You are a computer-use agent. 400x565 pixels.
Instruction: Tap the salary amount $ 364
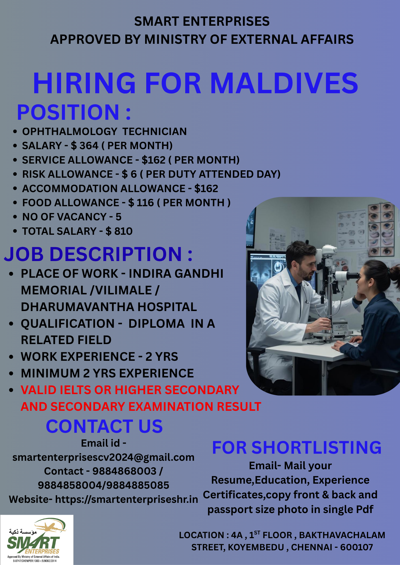85,146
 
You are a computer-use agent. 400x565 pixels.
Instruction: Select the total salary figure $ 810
119,231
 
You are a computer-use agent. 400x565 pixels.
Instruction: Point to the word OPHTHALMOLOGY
70,132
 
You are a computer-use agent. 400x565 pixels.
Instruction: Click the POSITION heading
74,112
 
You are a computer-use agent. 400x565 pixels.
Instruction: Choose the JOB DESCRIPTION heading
98,254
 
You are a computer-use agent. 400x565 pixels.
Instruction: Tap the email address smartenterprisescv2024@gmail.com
104,457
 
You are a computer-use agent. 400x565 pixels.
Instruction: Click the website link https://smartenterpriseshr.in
126,499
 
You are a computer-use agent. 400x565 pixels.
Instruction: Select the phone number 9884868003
124,471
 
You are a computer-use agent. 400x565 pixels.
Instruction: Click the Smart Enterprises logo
37,540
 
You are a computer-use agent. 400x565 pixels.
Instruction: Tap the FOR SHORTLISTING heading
297,448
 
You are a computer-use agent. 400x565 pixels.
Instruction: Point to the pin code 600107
356,547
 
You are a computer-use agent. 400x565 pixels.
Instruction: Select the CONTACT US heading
104,426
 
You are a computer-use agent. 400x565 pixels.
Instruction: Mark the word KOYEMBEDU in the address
256,547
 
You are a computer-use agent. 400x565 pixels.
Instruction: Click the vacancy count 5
119,217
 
